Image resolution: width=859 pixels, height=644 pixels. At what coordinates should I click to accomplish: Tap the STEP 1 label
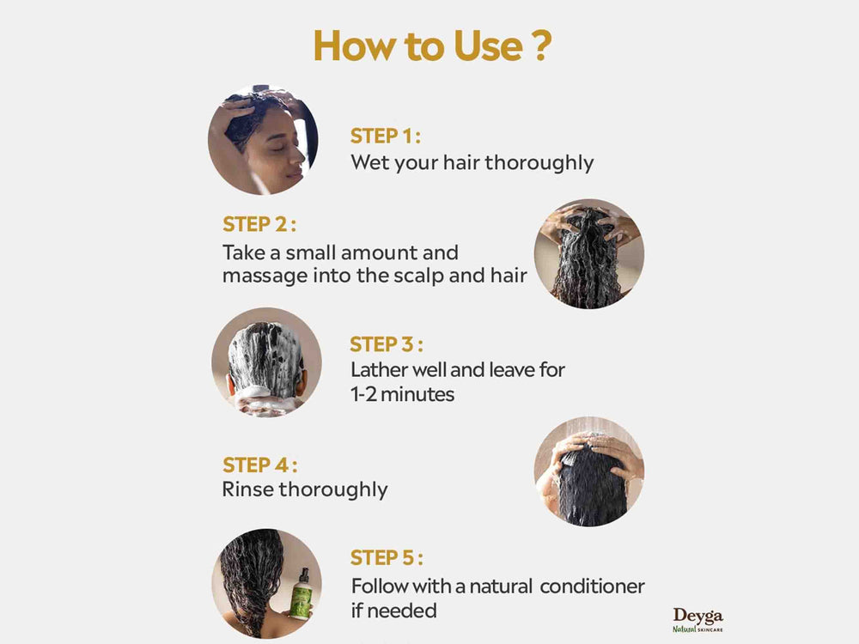pyautogui.click(x=385, y=136)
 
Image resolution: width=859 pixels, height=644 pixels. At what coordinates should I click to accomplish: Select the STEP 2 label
pyautogui.click(x=259, y=225)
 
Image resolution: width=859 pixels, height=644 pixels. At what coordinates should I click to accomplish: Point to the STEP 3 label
pyautogui.click(x=386, y=344)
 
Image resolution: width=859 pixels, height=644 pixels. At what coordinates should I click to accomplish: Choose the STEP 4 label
pyautogui.click(x=259, y=465)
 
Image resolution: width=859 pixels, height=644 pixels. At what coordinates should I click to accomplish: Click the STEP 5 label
pyautogui.click(x=386, y=558)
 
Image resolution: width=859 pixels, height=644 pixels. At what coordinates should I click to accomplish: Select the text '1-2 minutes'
pyautogui.click(x=403, y=395)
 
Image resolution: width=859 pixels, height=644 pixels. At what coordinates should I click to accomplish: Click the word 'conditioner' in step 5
pyautogui.click(x=592, y=586)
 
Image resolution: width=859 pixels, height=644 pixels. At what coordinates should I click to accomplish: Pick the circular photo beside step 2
pyautogui.click(x=588, y=254)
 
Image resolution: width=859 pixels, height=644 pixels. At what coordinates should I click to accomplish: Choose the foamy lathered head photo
pyautogui.click(x=266, y=362)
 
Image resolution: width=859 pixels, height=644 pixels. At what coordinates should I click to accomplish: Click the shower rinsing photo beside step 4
pyautogui.click(x=588, y=471)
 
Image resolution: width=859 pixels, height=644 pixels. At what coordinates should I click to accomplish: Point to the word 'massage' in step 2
pyautogui.click(x=258, y=276)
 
